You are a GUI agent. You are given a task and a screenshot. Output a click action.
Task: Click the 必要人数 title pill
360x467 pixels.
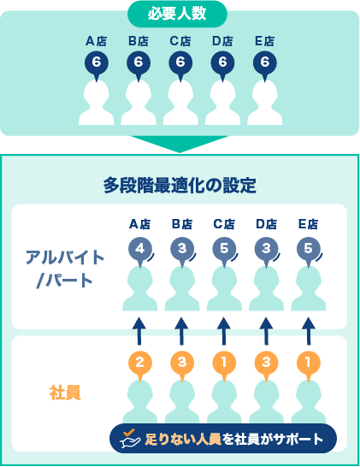click(x=177, y=14)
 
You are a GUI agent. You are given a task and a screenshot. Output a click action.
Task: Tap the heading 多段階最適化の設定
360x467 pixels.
click(x=180, y=186)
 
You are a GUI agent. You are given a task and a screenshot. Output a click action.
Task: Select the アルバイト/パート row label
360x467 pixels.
click(x=65, y=269)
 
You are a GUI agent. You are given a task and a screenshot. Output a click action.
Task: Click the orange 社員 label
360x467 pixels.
click(x=65, y=393)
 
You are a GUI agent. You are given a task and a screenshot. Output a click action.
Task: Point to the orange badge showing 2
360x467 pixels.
click(x=140, y=364)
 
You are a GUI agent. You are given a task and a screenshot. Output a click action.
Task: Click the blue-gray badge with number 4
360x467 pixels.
click(x=140, y=250)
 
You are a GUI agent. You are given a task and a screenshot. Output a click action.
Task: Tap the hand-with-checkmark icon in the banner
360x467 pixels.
click(x=130, y=439)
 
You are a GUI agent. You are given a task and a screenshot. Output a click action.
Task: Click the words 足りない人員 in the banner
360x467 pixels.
click(x=183, y=439)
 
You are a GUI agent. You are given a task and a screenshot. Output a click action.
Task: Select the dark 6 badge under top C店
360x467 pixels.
click(x=180, y=63)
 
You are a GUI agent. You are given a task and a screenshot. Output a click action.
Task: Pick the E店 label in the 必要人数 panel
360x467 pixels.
click(x=265, y=41)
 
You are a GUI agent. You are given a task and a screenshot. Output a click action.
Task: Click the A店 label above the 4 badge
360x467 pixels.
click(x=140, y=224)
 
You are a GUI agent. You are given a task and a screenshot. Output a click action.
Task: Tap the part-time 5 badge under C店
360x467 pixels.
click(x=224, y=250)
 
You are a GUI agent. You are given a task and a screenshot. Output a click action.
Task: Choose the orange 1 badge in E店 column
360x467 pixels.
click(x=309, y=364)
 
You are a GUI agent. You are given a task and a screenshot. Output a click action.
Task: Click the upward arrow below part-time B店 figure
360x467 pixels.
click(x=182, y=331)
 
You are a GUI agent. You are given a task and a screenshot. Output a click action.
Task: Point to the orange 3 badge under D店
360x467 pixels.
click(x=267, y=364)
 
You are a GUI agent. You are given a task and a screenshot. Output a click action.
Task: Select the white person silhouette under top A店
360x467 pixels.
click(x=96, y=103)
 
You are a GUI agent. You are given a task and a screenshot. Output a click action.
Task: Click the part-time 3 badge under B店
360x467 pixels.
click(x=182, y=250)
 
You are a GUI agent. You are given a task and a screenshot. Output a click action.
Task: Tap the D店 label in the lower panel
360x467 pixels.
click(x=267, y=224)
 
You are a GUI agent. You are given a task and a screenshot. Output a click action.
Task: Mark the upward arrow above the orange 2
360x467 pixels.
click(x=140, y=331)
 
